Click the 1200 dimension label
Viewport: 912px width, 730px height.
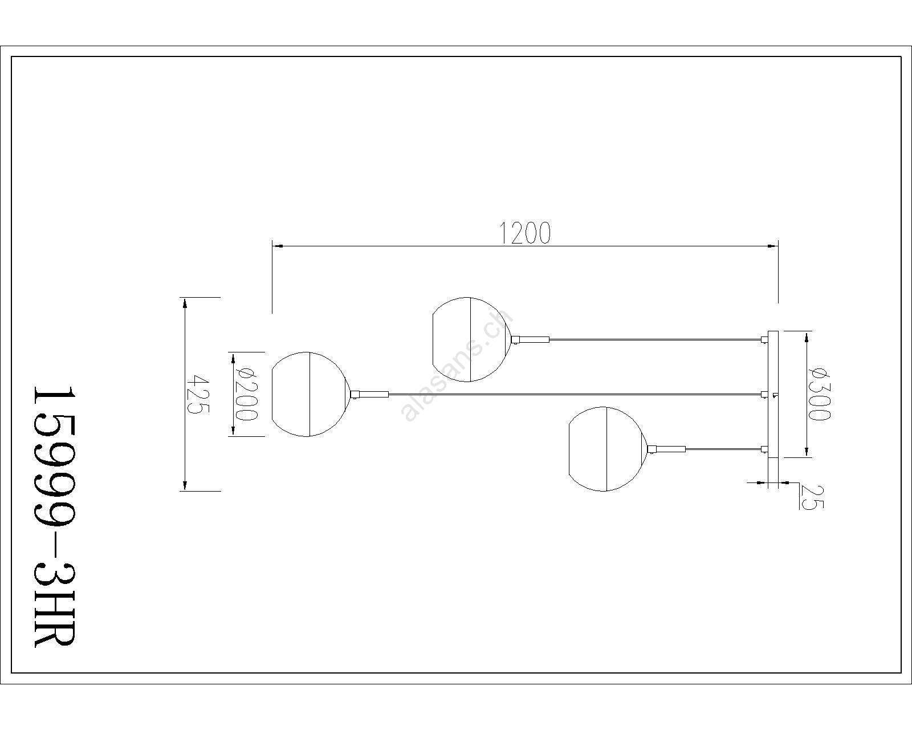click(525, 233)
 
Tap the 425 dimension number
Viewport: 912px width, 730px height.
click(198, 395)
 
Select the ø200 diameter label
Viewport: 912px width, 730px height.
click(246, 394)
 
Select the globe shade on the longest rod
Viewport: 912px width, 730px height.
click(310, 394)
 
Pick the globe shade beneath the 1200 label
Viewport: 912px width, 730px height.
click(471, 339)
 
